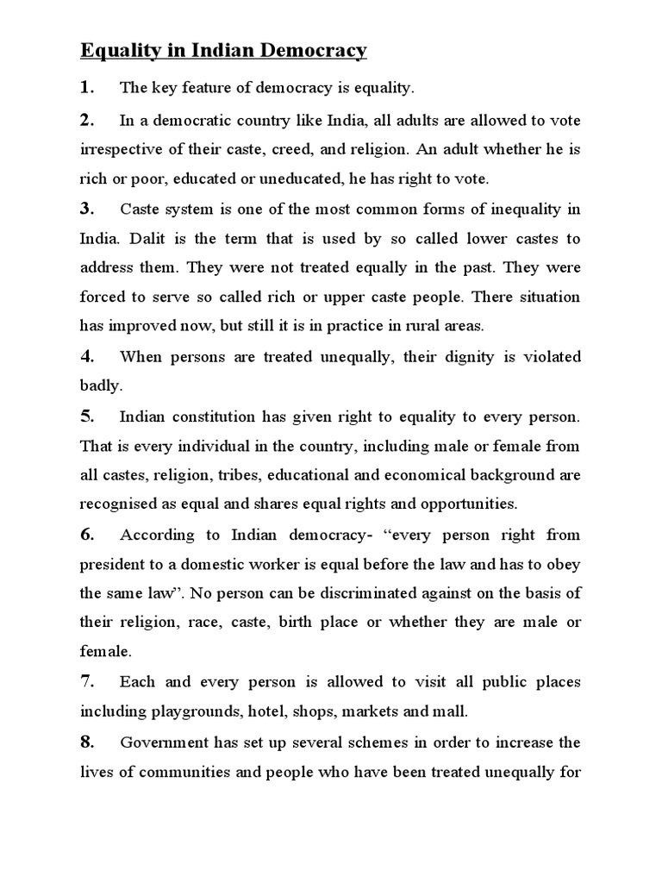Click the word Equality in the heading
pyautogui.click(x=115, y=51)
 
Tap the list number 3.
pyautogui.click(x=86, y=208)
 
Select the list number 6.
pyautogui.click(x=87, y=535)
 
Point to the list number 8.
pyautogui.click(x=87, y=742)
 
